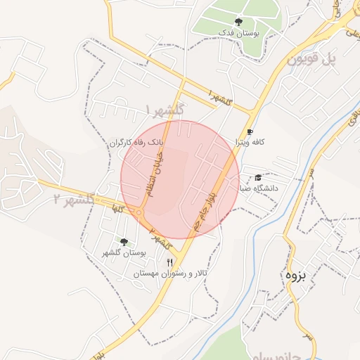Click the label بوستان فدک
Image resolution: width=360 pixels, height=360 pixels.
[x=238, y=33]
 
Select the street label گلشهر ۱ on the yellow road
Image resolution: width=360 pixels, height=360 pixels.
[x=220, y=99]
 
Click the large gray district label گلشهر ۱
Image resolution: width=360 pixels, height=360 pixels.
[x=165, y=109]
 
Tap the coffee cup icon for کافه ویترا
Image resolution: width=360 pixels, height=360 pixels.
[x=250, y=132]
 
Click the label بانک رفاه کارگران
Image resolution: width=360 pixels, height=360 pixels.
[x=136, y=142]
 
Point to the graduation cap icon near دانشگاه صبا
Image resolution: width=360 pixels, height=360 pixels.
[x=258, y=178]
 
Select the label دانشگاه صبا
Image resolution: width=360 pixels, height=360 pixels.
[x=259, y=188]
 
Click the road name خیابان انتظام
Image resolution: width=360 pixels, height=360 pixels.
[x=155, y=172]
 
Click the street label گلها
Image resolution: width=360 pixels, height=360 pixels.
[x=113, y=208]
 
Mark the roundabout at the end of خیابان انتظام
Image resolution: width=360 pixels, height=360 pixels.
[x=140, y=212]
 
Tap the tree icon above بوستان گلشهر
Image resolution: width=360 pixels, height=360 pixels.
[x=124, y=242]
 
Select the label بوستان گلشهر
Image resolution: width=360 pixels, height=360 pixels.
[x=123, y=253]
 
